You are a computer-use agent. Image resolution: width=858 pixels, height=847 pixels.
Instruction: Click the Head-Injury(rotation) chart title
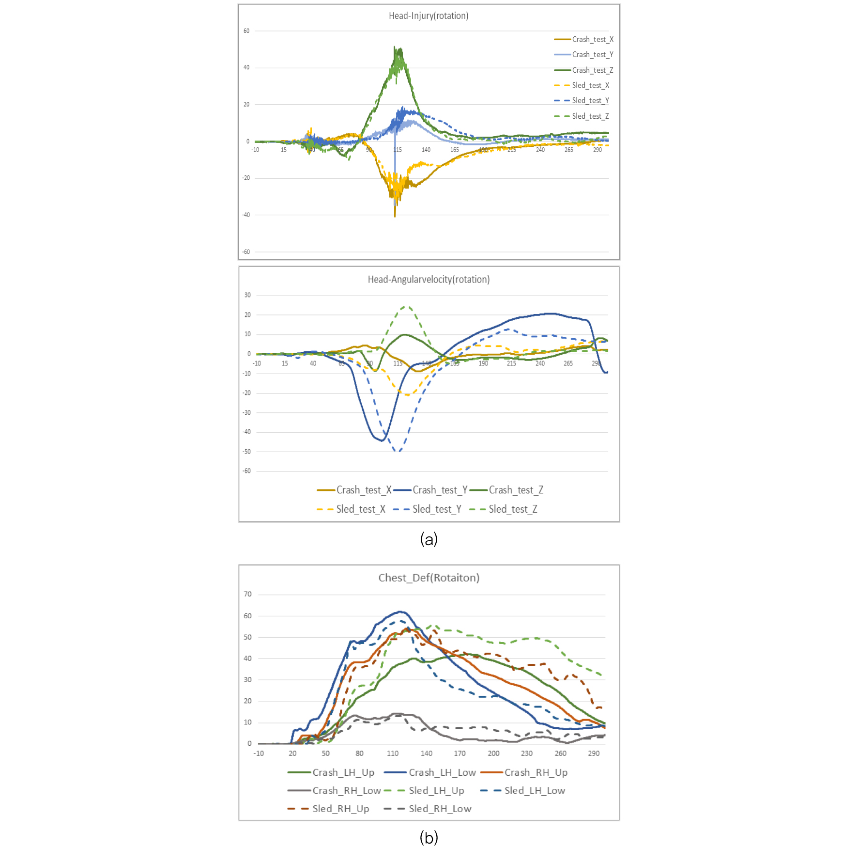(x=429, y=16)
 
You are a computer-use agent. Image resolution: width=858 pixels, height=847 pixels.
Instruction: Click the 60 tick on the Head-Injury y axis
(x=246, y=31)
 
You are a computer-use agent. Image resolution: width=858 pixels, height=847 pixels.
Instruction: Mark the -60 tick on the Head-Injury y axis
(x=246, y=252)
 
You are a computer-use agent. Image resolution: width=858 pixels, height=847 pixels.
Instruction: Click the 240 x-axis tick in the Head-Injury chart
(x=540, y=150)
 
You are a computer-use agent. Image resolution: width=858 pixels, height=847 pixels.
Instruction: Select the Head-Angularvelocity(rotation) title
(x=429, y=280)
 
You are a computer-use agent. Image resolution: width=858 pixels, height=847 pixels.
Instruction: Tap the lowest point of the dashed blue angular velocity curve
(x=398, y=451)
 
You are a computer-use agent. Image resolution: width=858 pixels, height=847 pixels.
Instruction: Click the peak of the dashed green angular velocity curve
(x=406, y=307)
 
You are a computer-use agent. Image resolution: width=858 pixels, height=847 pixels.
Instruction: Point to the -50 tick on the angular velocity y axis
(x=247, y=452)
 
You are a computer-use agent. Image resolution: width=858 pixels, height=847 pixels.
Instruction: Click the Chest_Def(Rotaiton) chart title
(x=429, y=578)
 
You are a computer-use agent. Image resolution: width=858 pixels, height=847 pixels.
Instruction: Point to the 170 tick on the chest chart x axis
(x=460, y=753)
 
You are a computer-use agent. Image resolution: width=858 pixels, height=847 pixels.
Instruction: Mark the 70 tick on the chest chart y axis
(x=247, y=594)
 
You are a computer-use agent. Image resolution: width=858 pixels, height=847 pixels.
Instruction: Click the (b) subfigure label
(x=429, y=837)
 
